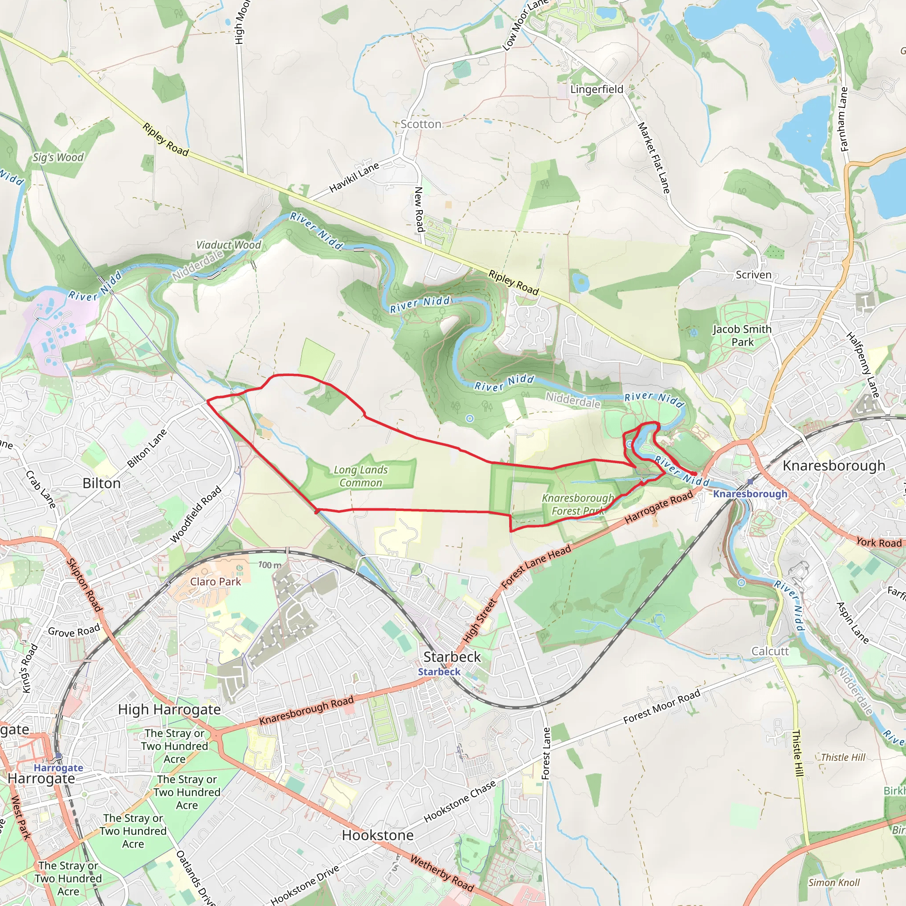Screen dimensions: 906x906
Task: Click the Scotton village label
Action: (421, 124)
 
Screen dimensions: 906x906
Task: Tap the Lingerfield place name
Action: (597, 89)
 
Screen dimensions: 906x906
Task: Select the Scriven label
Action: (753, 275)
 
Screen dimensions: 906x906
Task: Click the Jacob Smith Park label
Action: (742, 336)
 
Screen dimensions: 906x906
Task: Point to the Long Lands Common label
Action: (361, 476)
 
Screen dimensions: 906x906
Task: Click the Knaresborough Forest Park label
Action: (578, 505)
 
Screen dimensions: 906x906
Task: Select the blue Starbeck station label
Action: (439, 672)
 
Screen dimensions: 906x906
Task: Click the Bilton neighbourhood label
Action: (101, 484)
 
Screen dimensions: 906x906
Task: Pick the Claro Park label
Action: (216, 581)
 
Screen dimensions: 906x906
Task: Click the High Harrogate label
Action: (169, 710)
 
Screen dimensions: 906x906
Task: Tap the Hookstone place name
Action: (377, 835)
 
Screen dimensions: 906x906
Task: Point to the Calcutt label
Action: (770, 651)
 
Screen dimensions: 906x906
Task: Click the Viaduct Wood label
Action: (228, 245)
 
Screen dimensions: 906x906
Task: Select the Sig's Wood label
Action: (58, 157)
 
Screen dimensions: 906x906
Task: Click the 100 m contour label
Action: (270, 565)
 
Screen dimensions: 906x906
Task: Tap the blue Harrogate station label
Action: (59, 768)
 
